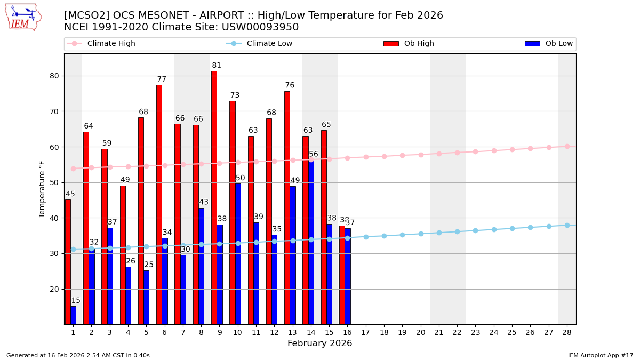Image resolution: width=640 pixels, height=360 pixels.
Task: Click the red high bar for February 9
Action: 214,197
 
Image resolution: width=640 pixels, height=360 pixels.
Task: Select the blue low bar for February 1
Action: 73,315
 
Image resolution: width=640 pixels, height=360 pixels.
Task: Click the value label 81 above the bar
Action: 217,66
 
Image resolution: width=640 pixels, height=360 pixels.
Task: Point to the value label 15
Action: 76,301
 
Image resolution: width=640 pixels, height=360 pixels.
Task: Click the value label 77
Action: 162,79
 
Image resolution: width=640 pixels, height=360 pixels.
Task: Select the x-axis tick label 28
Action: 567,332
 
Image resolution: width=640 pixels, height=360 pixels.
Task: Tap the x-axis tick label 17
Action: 365,332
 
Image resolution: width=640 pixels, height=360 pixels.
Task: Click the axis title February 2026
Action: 319,343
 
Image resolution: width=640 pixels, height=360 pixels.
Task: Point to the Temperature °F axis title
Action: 42,189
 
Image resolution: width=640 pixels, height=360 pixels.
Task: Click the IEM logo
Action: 23,18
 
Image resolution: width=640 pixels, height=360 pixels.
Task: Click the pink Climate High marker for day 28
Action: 567,146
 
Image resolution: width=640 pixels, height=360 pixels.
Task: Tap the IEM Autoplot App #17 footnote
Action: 601,355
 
